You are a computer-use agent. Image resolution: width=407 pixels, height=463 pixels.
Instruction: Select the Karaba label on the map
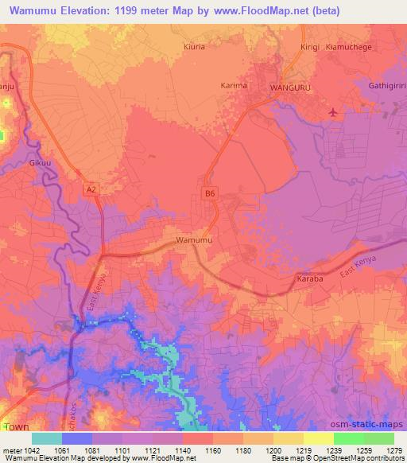click(308, 281)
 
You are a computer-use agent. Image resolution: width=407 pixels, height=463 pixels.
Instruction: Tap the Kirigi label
click(310, 47)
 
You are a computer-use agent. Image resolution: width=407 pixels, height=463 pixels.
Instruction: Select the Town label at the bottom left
click(16, 427)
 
